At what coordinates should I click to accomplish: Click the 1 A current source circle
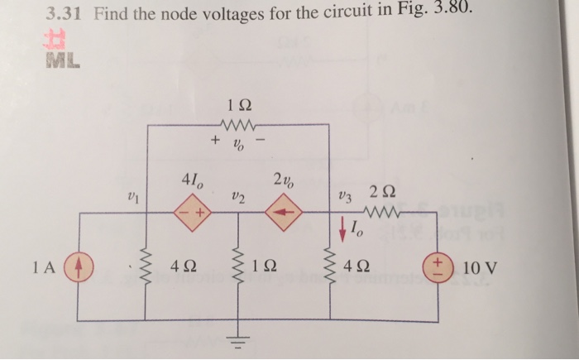click(79, 268)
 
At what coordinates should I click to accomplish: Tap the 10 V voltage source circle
click(437, 268)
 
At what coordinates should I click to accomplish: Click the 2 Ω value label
click(392, 192)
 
